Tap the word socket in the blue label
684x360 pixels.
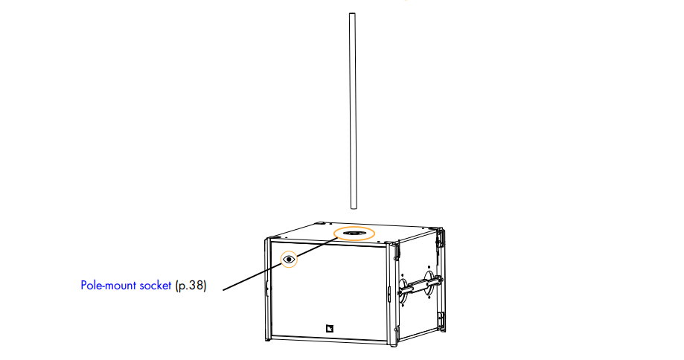156,285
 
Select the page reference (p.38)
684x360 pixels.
190,285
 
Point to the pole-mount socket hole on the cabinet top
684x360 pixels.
354,234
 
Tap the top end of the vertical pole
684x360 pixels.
353,14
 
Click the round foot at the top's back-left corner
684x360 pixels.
318,222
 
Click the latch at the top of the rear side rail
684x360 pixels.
441,237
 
